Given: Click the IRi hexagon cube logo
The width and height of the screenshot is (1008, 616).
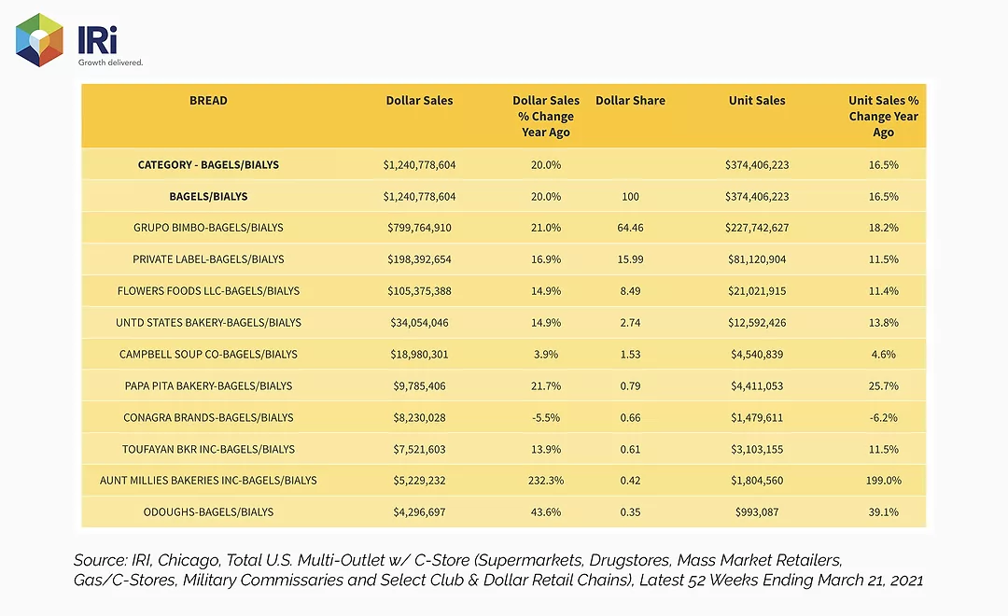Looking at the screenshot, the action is (39, 40).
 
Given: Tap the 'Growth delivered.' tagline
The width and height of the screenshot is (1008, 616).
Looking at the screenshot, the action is (110, 63).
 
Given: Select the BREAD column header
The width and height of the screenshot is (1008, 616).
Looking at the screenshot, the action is (208, 100).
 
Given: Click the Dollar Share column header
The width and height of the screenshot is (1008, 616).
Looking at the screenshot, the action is (630, 100).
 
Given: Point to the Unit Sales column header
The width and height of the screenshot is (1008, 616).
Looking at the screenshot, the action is (757, 100).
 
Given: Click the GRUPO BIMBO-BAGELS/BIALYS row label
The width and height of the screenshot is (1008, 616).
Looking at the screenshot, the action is (208, 228).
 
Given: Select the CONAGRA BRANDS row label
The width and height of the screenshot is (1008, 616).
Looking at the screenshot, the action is (208, 417).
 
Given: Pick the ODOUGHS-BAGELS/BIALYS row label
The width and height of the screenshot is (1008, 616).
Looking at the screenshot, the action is (208, 511).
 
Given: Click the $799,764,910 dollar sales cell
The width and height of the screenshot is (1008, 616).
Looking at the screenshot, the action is (419, 228).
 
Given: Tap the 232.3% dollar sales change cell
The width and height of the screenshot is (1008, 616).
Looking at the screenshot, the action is (546, 481).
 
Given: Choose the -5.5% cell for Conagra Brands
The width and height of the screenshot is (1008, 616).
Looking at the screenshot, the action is (546, 417).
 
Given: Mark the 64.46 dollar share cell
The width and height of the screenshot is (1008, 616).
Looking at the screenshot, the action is (630, 228).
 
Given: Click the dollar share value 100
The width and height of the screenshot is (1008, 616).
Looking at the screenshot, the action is (630, 196).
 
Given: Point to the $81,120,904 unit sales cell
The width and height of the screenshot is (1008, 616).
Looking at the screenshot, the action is (757, 259).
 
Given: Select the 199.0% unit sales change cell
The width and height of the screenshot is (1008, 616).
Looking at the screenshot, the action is (883, 481).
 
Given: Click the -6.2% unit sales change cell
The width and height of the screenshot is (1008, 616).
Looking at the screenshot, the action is (883, 417).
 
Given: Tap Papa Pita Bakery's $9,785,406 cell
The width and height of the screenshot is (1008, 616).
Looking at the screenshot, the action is (419, 385).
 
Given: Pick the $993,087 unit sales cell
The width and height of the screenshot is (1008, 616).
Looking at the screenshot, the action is (757, 511).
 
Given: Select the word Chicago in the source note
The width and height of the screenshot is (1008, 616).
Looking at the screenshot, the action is (186, 561).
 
